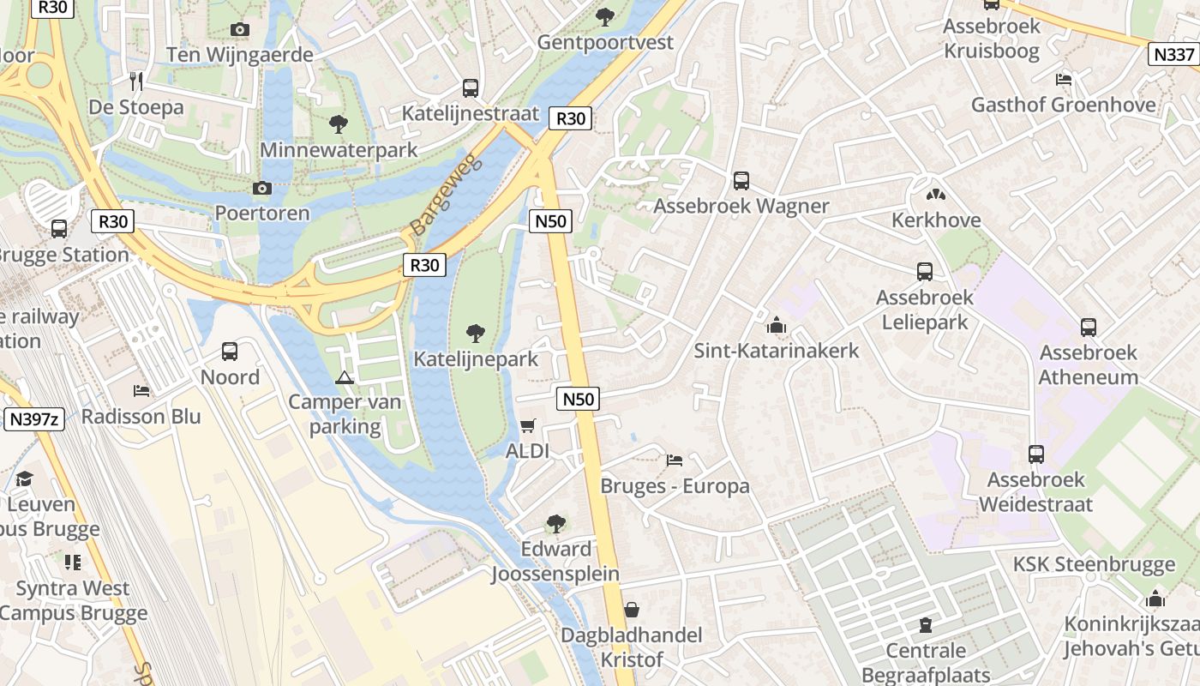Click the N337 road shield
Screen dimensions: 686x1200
pos(1173,55)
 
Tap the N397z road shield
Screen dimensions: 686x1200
pos(33,419)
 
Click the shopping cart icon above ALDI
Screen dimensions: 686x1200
pos(528,426)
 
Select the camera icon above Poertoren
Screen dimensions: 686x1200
pos(262,188)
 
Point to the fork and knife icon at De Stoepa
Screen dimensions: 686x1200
pos(135,81)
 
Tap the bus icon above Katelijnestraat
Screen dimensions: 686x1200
pos(471,87)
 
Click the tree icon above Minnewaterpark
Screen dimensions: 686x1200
pos(339,124)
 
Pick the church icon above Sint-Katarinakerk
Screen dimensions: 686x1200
pos(777,325)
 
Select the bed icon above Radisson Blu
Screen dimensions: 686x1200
pos(141,391)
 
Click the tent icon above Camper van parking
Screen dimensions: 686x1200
pos(345,376)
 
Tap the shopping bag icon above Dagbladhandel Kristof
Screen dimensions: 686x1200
pos(632,610)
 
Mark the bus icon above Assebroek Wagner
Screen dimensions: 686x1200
pos(741,181)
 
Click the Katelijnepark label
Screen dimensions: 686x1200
pos(476,359)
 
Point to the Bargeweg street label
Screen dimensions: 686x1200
pos(447,196)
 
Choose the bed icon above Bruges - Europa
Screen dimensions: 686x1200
pos(675,460)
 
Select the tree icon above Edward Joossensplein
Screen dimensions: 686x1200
pos(555,523)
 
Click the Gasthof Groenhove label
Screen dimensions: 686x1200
pos(1063,105)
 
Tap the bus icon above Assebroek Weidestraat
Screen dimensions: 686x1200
pos(1036,454)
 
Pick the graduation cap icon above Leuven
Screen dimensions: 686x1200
pos(24,478)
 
